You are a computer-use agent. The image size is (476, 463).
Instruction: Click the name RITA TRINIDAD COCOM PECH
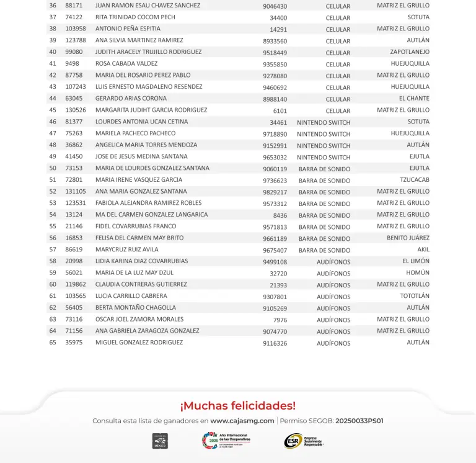(135, 17)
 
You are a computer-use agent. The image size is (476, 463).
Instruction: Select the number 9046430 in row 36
(275, 6)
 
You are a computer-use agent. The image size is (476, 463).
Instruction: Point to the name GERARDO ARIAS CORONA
(131, 99)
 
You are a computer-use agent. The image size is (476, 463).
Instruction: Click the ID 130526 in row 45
(76, 110)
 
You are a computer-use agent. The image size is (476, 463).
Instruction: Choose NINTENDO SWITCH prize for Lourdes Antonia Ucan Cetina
(324, 123)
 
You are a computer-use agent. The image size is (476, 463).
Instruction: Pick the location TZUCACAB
(414, 180)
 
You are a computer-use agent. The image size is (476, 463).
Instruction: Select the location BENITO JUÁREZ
(408, 238)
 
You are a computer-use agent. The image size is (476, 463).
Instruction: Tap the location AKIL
(423, 249)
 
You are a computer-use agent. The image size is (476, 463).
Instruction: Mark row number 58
(53, 261)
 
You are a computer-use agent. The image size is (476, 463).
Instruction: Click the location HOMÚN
(417, 273)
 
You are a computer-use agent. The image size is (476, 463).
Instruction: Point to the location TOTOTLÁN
(414, 296)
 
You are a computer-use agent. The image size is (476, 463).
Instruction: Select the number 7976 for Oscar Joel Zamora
(280, 320)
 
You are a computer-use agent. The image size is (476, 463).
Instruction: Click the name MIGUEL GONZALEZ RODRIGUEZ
(139, 343)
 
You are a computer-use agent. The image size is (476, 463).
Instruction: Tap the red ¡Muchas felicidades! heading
(238, 406)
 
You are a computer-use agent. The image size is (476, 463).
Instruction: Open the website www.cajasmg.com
(242, 421)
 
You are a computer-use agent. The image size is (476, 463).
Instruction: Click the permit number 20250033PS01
(359, 421)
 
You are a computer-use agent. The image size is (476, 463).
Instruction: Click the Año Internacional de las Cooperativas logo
(226, 441)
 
